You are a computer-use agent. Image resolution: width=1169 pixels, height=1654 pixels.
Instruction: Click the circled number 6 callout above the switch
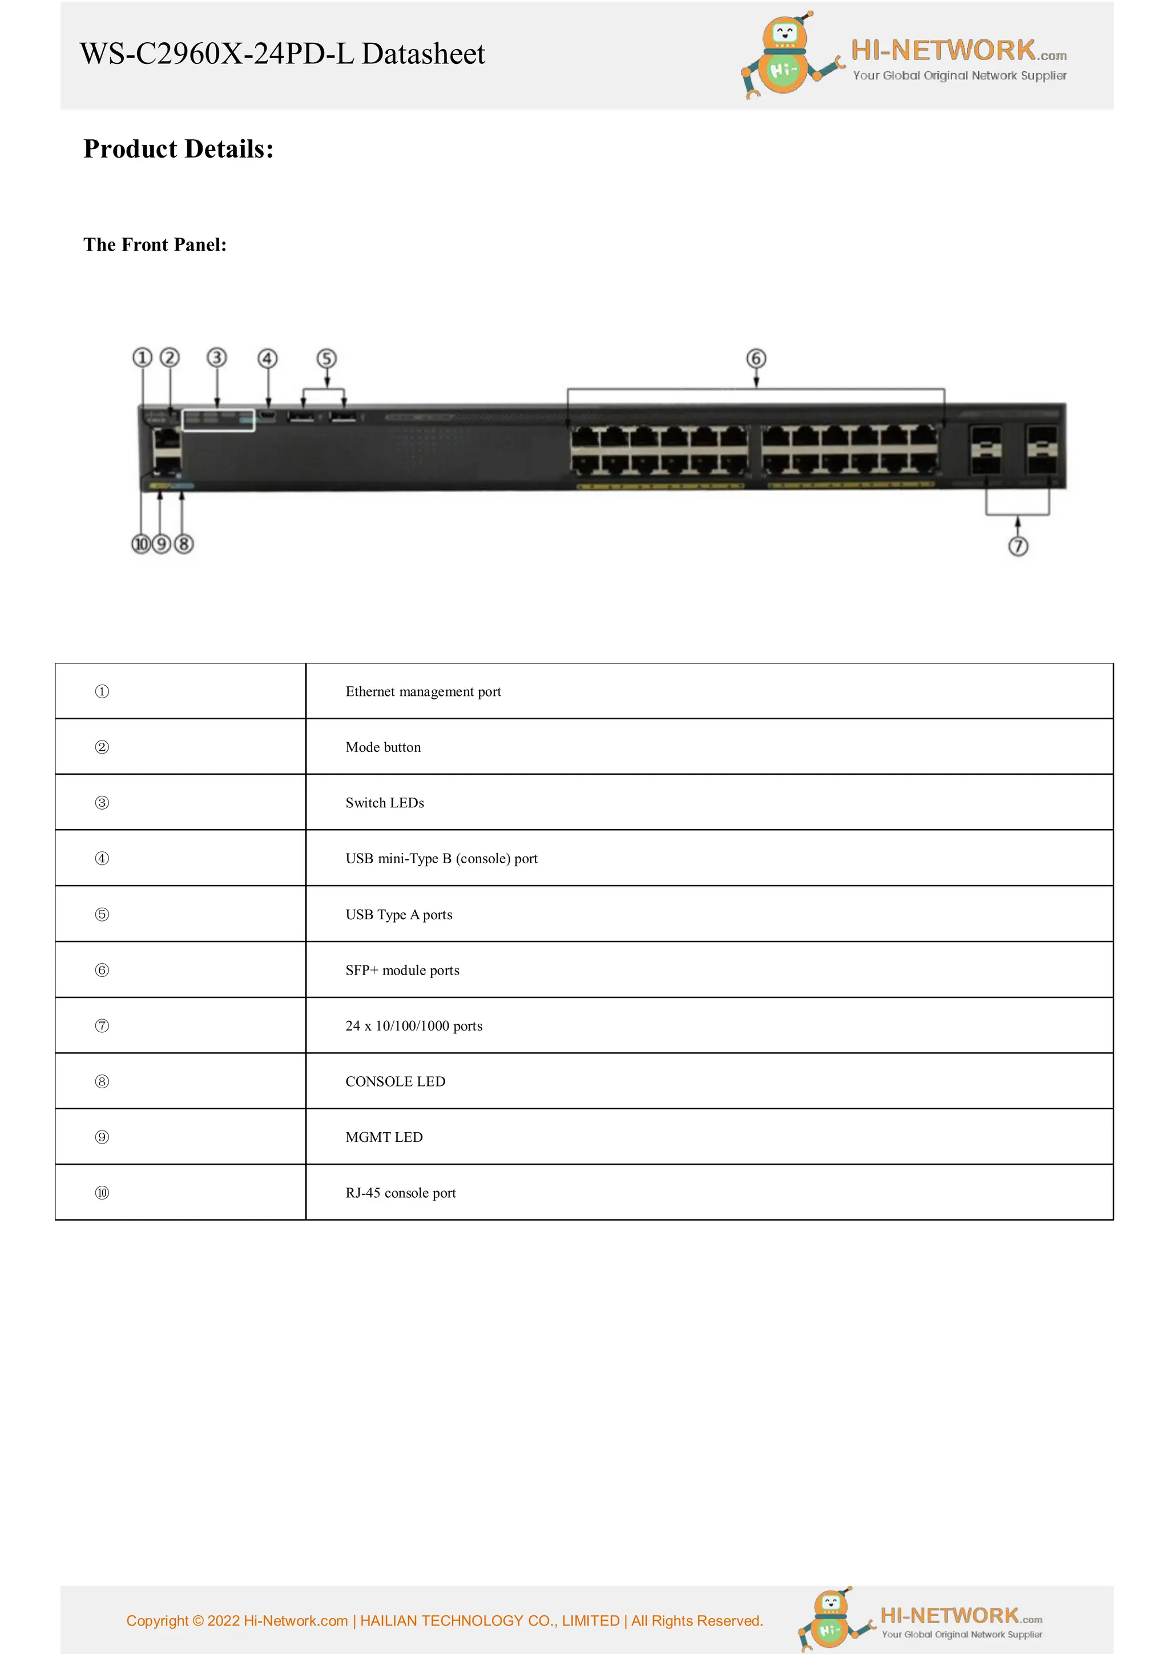point(756,358)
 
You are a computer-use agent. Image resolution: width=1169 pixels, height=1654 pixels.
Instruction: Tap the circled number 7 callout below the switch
point(1017,546)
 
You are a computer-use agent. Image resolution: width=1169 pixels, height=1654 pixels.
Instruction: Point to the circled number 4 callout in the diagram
point(267,358)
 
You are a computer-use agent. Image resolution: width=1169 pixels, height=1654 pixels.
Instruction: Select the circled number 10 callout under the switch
point(141,544)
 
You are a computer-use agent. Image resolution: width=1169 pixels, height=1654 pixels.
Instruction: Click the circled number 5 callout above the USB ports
point(326,358)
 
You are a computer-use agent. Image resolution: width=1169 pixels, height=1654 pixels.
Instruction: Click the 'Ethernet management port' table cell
point(423,691)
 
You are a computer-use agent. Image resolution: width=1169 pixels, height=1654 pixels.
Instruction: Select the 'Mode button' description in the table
point(383,747)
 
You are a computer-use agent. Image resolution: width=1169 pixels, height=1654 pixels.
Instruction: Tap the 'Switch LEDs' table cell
point(385,803)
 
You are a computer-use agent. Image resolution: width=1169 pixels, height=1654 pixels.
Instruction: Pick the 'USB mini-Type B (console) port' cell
point(442,859)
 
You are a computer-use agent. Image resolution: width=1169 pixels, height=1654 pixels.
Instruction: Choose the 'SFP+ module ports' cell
point(402,971)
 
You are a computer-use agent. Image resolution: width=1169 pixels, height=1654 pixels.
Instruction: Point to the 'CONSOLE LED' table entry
point(396,1081)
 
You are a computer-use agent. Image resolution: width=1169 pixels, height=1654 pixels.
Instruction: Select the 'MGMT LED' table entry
point(384,1137)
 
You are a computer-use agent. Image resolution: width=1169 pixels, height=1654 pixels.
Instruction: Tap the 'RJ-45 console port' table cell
point(401,1193)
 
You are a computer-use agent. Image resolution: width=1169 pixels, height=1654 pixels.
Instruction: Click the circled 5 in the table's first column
point(102,914)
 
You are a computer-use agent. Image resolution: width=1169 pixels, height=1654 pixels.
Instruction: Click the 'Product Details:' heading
point(179,149)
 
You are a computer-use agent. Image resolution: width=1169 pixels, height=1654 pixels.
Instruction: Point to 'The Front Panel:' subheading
point(155,245)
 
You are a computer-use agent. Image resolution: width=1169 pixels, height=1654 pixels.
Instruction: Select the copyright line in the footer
point(445,1621)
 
